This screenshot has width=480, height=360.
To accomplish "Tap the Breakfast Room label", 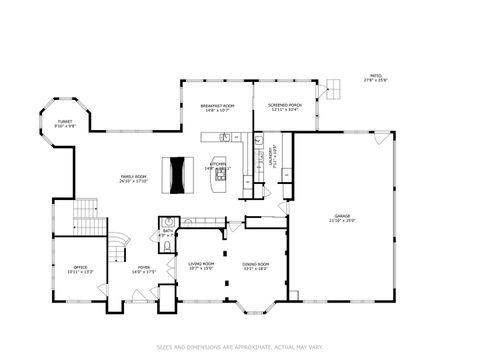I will click(x=217, y=108).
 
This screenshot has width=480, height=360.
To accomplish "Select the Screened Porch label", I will click(x=284, y=108).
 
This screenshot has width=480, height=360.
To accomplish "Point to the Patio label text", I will click(x=375, y=77).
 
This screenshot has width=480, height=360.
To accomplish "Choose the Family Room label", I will click(x=134, y=178).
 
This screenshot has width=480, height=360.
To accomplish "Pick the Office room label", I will click(x=80, y=268).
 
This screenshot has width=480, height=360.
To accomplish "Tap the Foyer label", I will click(x=145, y=268).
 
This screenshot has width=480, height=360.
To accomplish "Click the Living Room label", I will click(x=202, y=266).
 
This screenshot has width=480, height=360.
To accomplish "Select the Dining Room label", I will click(x=256, y=266).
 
